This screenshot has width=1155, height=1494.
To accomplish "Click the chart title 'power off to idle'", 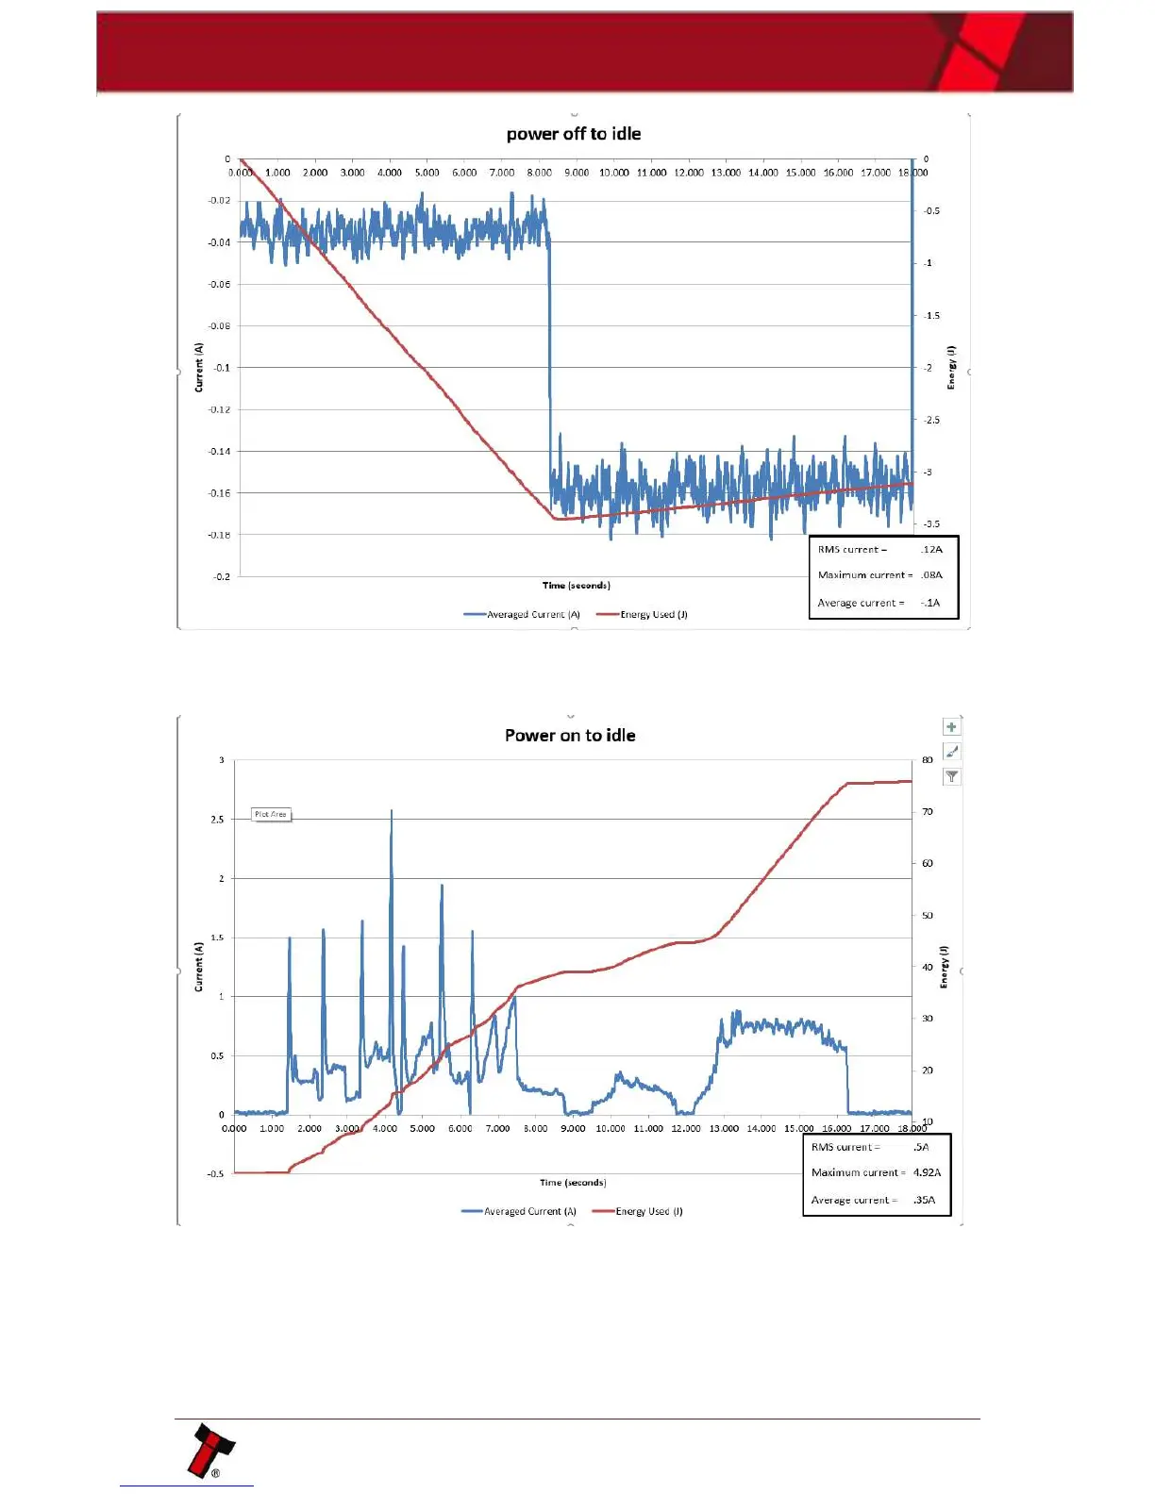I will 574,134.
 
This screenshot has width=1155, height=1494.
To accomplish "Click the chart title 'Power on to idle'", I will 570,736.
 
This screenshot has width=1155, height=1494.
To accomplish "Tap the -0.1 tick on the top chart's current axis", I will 222,368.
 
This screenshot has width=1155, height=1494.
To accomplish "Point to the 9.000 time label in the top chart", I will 577,173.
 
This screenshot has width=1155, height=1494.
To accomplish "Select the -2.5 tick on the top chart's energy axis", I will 930,420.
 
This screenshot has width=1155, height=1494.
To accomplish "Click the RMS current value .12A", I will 931,549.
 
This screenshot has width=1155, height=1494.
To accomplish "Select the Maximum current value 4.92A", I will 927,1172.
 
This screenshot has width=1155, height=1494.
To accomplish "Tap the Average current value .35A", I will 924,1200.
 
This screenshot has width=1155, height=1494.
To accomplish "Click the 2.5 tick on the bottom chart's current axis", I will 217,820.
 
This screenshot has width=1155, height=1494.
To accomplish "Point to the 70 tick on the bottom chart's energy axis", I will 928,811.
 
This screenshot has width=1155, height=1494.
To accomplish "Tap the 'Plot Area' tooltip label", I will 271,814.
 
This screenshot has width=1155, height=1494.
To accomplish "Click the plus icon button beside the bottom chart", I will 951,727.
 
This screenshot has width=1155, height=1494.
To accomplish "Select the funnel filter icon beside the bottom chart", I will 951,776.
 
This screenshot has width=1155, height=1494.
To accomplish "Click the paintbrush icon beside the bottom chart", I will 951,752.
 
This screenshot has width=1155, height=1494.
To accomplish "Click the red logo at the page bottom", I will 211,1450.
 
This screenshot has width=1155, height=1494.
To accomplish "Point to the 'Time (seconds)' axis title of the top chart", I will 576,586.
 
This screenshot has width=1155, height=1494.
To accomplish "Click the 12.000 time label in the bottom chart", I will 686,1128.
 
